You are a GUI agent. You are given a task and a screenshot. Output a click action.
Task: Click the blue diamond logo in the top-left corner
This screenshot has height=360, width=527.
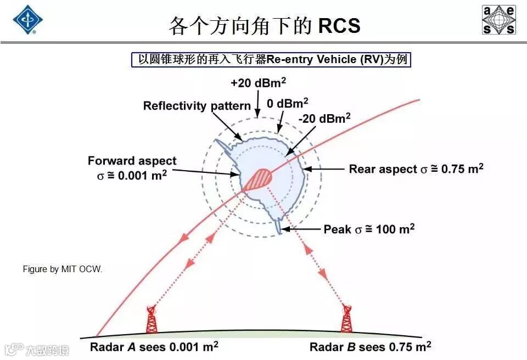click(x=27, y=20)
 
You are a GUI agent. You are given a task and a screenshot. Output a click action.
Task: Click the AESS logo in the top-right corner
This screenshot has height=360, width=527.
click(x=498, y=20)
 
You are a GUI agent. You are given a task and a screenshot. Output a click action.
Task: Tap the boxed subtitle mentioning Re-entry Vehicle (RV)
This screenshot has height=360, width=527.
click(x=271, y=59)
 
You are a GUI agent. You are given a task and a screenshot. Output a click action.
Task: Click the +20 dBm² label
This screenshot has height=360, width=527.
click(x=258, y=83)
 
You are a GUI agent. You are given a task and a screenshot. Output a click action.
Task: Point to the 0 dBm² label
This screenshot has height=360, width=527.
click(x=287, y=103)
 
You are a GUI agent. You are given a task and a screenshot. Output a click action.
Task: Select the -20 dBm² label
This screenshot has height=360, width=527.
click(x=324, y=118)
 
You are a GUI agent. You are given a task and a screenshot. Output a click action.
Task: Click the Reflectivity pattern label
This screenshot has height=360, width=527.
click(x=197, y=105)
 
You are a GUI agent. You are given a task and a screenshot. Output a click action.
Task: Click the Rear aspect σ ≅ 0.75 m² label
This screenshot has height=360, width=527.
click(x=416, y=168)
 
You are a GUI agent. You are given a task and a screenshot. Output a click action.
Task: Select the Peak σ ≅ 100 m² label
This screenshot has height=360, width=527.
click(x=368, y=228)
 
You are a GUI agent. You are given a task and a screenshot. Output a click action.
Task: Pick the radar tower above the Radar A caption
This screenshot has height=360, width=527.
click(x=152, y=319)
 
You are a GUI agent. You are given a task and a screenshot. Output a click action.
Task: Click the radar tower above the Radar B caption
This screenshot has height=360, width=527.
click(x=346, y=319)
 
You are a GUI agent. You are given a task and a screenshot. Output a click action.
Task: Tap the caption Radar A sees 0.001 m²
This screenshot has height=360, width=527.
click(x=154, y=347)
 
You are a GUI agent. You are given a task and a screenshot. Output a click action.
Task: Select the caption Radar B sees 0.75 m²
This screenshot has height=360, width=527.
click(x=370, y=347)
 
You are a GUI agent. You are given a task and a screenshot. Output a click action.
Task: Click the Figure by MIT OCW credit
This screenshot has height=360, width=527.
click(x=62, y=269)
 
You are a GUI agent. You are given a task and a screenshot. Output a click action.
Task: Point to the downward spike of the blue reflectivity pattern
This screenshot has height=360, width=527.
click(x=281, y=226)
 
